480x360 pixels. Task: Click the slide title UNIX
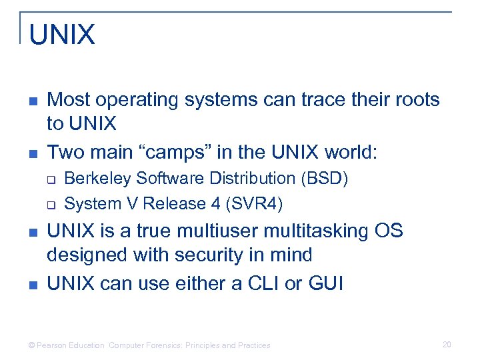coord(62,35)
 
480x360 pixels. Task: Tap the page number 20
coord(447,345)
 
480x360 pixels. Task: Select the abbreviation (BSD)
coord(324,179)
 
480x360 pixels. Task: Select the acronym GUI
coord(326,283)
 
